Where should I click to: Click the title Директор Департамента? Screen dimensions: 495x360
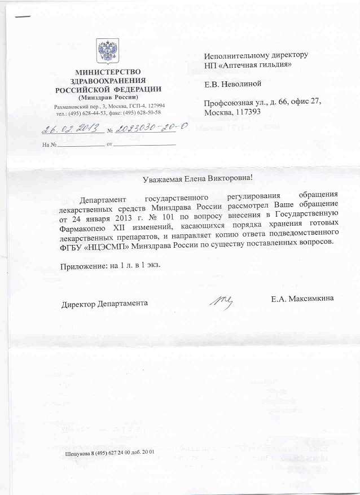(x=105, y=303)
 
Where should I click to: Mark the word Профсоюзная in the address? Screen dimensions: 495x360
(x=228, y=102)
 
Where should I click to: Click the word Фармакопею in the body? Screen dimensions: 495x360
(x=85, y=225)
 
